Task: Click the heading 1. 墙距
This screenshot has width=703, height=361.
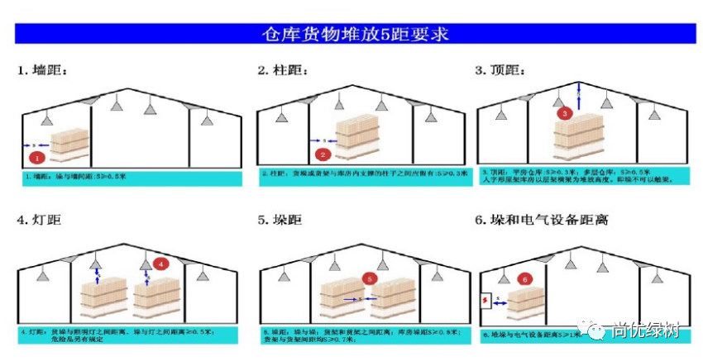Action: click(x=43, y=69)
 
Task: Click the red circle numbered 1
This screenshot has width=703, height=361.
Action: click(x=36, y=155)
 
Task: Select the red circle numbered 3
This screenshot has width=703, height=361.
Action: click(x=565, y=112)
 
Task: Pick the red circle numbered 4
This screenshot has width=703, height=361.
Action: click(x=162, y=264)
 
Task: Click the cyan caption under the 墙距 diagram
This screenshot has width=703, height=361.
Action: click(x=132, y=178)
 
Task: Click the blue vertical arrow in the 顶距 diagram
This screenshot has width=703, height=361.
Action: click(x=579, y=95)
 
